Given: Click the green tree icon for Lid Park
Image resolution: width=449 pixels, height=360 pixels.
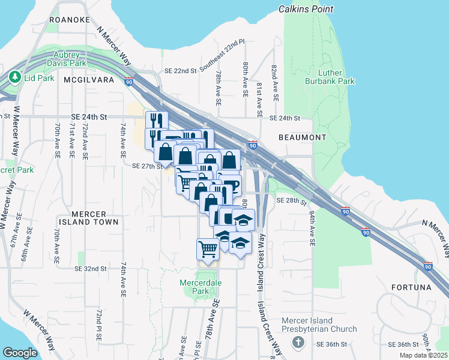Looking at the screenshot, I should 14,77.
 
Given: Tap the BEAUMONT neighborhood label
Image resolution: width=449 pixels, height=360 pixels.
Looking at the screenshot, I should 303,137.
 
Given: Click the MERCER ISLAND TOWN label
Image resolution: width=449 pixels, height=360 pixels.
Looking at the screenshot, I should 88,218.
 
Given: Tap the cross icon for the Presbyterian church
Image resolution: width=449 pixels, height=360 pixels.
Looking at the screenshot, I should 297,342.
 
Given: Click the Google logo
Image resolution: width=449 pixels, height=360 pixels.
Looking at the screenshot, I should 20,352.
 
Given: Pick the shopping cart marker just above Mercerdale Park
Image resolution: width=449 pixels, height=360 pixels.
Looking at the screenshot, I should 208,248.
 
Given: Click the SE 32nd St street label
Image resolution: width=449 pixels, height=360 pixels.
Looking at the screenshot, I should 92,269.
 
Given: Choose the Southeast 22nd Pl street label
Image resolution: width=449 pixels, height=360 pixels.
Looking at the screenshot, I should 222,56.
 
